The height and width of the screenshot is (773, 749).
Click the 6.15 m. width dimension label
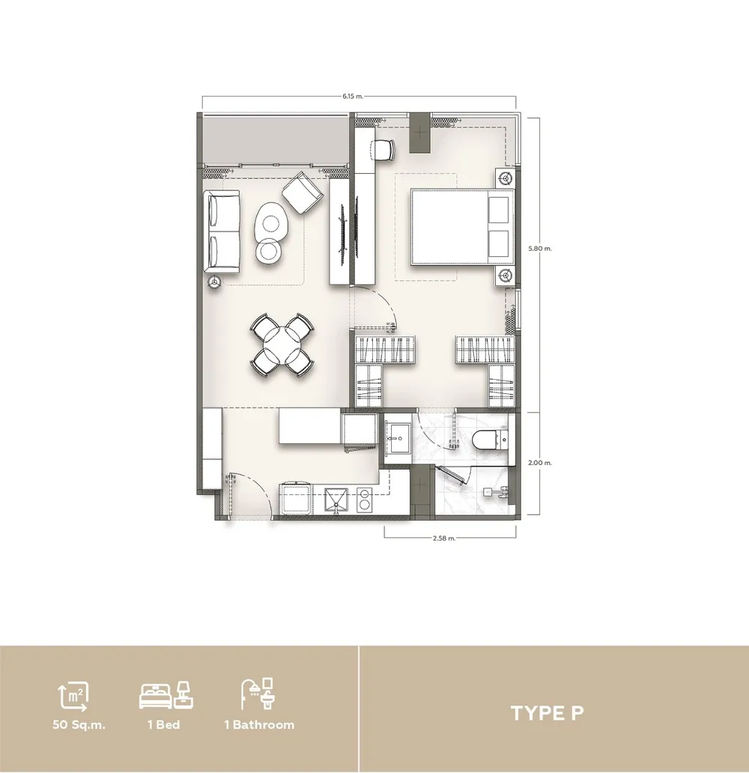coord(353,96)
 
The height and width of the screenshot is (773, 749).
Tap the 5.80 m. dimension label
coord(540,249)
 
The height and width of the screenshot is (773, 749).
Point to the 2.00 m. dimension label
coord(540,463)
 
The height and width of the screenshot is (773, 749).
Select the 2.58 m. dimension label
coord(443,539)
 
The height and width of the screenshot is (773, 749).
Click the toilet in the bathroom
coord(490,439)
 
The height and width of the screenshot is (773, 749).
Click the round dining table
coord(282,345)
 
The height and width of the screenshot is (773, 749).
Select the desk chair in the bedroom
coord(383,150)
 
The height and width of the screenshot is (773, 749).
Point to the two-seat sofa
coord(222,231)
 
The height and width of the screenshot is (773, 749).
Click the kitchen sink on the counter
coord(336,500)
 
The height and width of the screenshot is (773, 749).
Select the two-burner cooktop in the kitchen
coord(365,499)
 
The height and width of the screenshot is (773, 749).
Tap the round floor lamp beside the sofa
coord(214,282)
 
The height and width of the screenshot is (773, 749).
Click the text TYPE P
coord(547,713)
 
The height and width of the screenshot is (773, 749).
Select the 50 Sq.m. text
coord(79,725)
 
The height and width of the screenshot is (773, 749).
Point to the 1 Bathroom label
coord(259,725)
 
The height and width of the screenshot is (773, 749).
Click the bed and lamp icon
coord(166,696)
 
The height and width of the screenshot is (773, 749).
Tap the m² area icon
coord(73,697)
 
